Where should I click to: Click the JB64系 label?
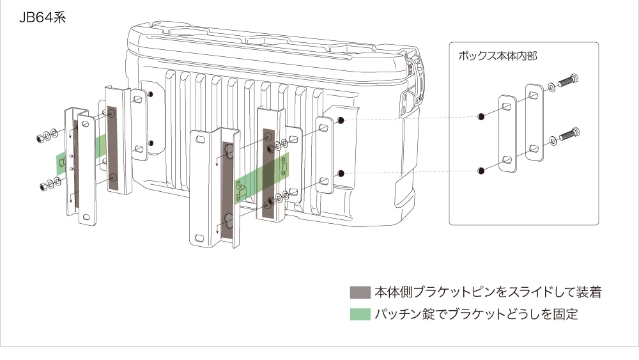tap(42, 17)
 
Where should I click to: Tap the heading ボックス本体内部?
tap(498, 56)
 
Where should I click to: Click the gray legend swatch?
tap(360, 292)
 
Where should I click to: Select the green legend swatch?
tap(360, 314)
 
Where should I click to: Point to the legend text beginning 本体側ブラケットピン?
tap(488, 292)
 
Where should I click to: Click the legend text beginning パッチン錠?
tap(476, 314)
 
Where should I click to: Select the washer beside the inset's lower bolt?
tap(553, 141)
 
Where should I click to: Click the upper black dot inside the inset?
tap(481, 116)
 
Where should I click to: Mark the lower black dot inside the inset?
tap(481, 171)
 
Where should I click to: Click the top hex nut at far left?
tap(40, 138)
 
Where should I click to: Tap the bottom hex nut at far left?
tap(43, 187)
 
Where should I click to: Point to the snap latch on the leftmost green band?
tap(62, 162)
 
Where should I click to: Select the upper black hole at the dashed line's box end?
tap(341, 120)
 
